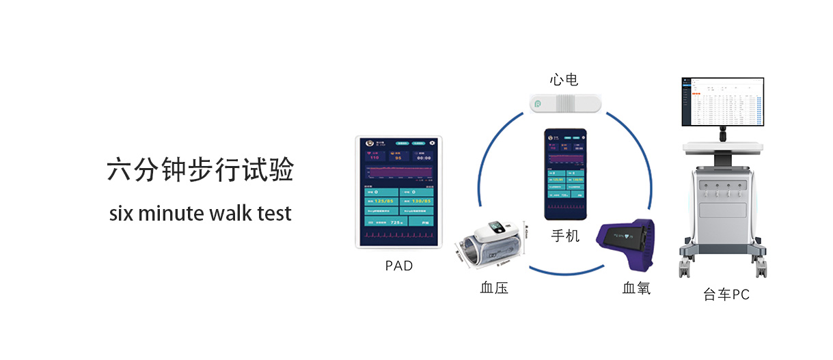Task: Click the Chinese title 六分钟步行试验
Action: (200, 171)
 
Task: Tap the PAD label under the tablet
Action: (399, 266)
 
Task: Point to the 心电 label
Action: (564, 80)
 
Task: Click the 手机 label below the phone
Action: (565, 236)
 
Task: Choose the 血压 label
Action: (494, 288)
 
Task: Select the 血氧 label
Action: (636, 288)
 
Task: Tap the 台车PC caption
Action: (726, 295)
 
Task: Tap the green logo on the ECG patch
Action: (538, 105)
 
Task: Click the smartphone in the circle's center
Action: (565, 174)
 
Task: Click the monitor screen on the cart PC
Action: (722, 102)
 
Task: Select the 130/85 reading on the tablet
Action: (418, 202)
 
